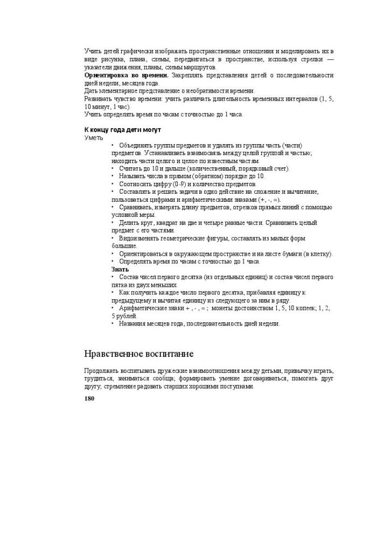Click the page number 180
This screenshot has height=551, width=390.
click(89, 399)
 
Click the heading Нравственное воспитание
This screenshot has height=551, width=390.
click(138, 354)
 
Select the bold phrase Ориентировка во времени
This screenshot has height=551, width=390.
click(127, 76)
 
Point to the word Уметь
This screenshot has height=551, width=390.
click(94, 138)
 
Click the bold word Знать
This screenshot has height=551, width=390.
click(120, 269)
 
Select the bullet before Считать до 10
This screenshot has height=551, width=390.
click(113, 169)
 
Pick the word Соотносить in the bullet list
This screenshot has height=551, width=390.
click(135, 184)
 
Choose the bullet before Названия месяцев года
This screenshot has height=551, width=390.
click(113, 324)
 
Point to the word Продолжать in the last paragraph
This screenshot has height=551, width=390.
click(101, 371)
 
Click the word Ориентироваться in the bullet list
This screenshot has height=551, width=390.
click(144, 254)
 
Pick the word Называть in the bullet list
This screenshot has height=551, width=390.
click(133, 176)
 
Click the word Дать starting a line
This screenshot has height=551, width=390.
click(90, 91)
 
